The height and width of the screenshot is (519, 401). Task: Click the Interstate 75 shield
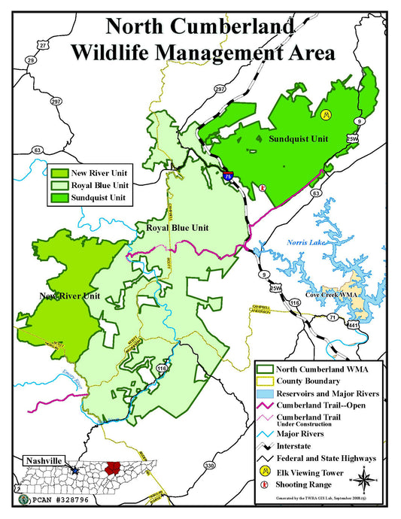228,175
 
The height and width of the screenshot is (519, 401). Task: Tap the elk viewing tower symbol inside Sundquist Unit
326,114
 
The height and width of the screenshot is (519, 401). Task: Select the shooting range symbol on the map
263,188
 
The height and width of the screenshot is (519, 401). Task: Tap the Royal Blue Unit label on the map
178,227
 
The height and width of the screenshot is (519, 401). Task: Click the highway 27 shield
43,46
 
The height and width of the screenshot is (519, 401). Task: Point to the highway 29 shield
31,59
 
